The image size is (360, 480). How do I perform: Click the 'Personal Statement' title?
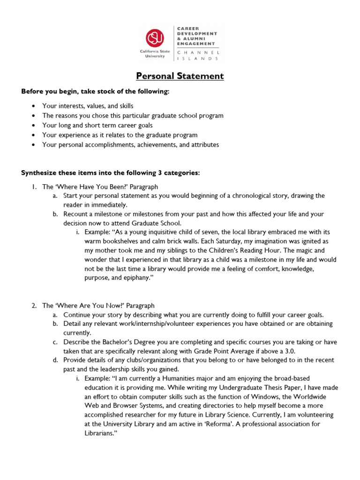tap(180, 76)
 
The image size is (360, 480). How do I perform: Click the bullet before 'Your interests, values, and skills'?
tap(32, 106)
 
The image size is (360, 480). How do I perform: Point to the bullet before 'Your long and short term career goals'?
tap(32, 126)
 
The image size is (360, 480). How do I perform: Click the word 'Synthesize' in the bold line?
tap(37, 173)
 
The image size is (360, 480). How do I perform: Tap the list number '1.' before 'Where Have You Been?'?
tap(34, 187)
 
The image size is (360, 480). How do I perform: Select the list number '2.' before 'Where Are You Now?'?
tap(34, 306)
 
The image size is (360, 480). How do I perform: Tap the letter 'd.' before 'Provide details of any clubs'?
tap(55, 360)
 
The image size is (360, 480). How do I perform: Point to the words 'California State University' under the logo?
tap(155, 53)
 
